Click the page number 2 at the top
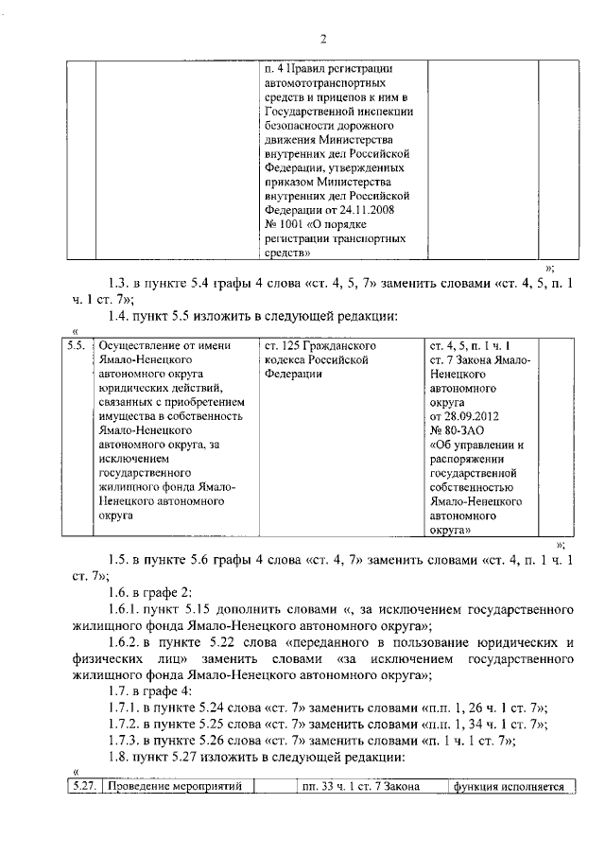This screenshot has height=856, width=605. (x=322, y=39)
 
